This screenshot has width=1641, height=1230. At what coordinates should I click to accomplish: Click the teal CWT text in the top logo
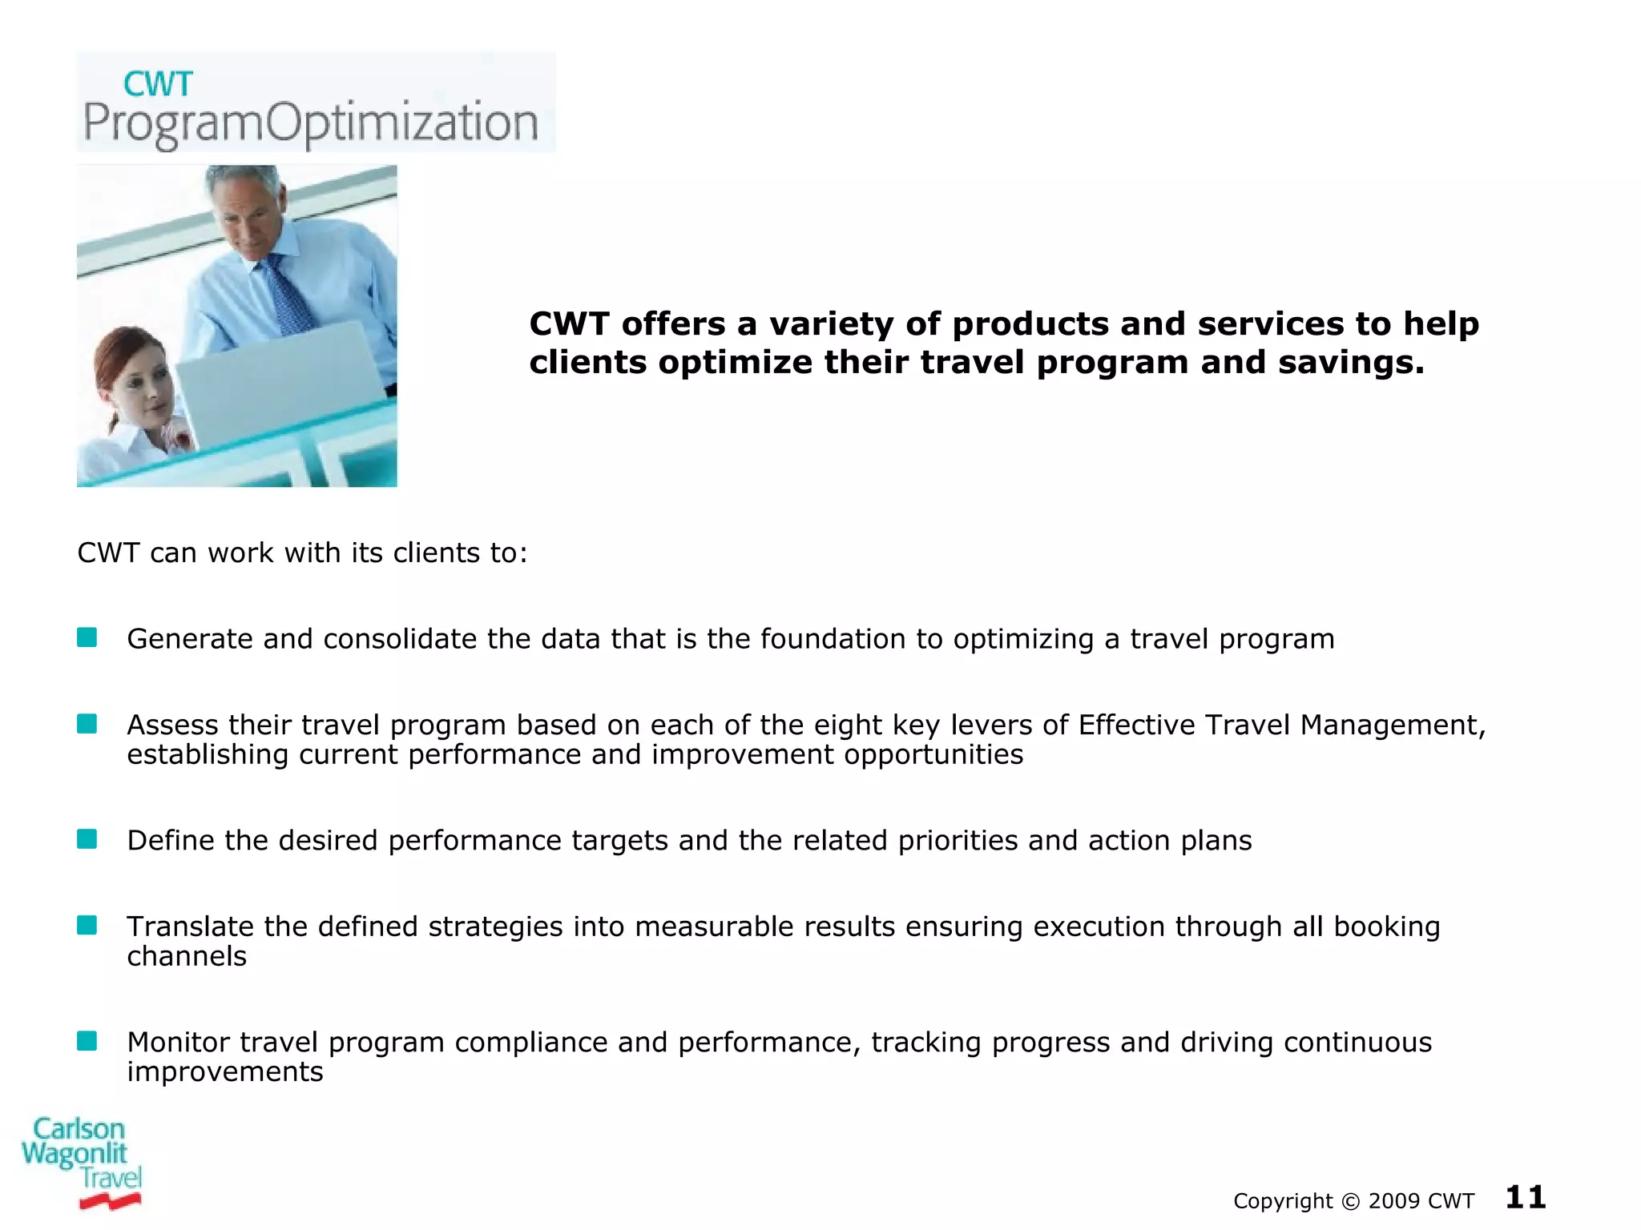click(158, 85)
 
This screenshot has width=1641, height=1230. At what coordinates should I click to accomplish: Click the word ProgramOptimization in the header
click(311, 124)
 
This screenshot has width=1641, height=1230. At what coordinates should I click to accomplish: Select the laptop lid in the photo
click(280, 384)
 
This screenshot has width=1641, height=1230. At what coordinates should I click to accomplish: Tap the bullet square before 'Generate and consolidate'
click(87, 637)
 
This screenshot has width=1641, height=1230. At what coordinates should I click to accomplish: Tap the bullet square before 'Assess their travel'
click(87, 724)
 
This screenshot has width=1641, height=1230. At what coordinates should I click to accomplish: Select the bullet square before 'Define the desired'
click(87, 839)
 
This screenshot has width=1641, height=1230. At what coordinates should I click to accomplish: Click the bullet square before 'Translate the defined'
click(87, 926)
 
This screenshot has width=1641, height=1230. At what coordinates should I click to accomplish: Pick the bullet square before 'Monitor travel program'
click(87, 1041)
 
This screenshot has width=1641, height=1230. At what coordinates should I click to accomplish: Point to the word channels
click(187, 956)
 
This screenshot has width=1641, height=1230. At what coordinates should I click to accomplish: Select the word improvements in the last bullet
click(225, 1072)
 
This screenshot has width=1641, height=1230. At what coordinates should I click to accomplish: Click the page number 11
click(1525, 1198)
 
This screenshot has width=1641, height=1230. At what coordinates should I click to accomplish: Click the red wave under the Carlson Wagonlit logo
click(110, 1200)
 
